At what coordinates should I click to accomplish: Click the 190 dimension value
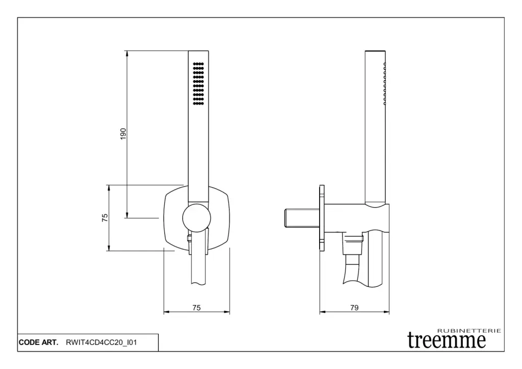pyautogui.click(x=123, y=134)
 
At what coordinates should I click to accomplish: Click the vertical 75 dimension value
pyautogui.click(x=105, y=217)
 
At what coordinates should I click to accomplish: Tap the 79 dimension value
pyautogui.click(x=355, y=308)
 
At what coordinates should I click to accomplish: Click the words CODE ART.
pyautogui.click(x=39, y=342)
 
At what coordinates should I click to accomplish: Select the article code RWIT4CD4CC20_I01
pyautogui.click(x=101, y=342)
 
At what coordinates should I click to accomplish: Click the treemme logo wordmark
pyautogui.click(x=447, y=340)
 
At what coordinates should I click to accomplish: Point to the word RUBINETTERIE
pyautogui.click(x=469, y=331)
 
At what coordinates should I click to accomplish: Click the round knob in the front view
pyautogui.click(x=197, y=218)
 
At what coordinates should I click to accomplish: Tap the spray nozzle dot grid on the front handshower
pyautogui.click(x=198, y=83)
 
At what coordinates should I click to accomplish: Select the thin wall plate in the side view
pyautogui.click(x=322, y=218)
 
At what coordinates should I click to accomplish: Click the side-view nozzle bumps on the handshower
pyautogui.click(x=385, y=84)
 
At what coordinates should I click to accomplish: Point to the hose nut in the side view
pyautogui.click(x=353, y=244)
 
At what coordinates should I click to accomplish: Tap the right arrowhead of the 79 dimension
pyautogui.click(x=386, y=312)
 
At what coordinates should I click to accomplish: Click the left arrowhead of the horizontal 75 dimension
pyautogui.click(x=167, y=312)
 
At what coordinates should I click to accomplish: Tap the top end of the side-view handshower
pyautogui.click(x=375, y=52)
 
